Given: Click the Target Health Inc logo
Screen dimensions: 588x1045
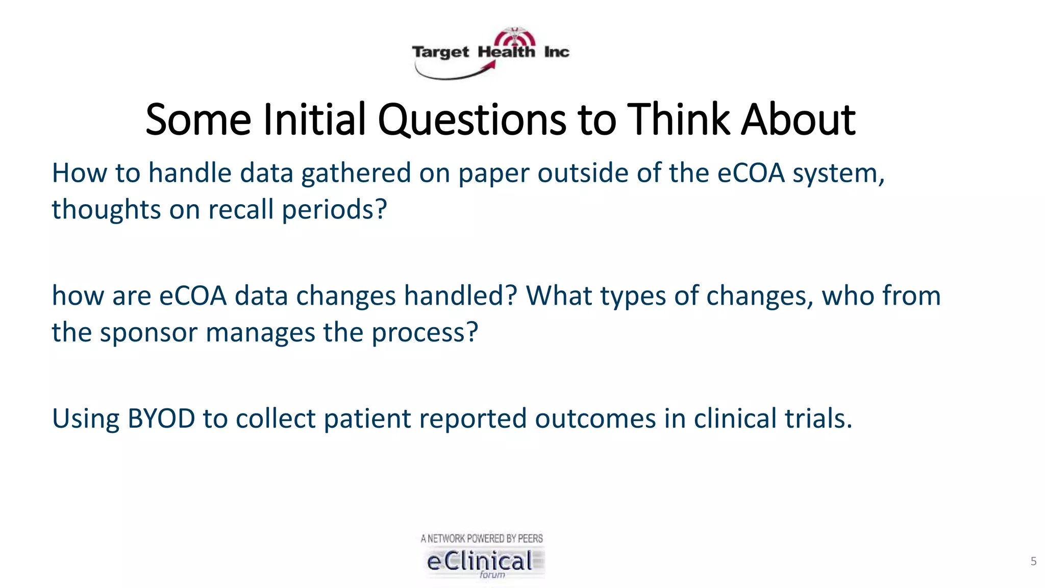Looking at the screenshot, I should [490, 52].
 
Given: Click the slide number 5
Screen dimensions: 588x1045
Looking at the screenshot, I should [1033, 561].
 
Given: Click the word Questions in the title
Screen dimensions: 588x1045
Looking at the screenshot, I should [471, 120].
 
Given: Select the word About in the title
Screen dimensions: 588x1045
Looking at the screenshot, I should [798, 120].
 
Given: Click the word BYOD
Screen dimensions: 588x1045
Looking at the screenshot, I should [161, 419].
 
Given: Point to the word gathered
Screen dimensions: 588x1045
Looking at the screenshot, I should [356, 174].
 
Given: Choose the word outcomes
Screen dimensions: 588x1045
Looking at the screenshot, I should [595, 419].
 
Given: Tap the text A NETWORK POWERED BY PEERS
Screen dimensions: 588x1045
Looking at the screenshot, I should [482, 538].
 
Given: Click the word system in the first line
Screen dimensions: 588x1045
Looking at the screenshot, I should [838, 174].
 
